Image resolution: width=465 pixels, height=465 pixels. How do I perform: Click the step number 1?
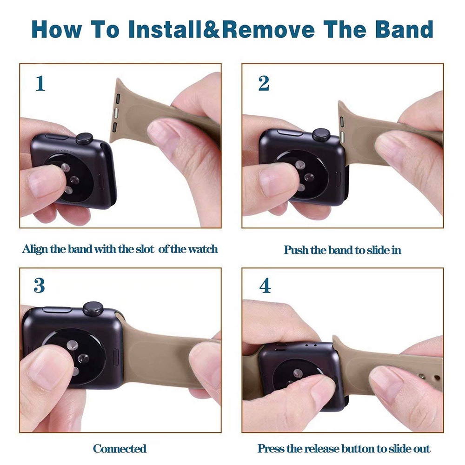pos(40,83)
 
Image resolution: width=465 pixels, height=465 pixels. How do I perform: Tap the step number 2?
pos(264,83)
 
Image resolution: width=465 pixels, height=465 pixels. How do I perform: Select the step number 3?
pos(39,286)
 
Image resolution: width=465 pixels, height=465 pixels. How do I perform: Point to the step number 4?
pos(265,286)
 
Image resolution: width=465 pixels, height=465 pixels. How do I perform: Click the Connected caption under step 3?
pos(120,449)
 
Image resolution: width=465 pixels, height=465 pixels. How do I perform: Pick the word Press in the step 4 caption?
pos(269,449)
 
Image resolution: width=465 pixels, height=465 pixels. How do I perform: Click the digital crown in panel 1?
pos(85,138)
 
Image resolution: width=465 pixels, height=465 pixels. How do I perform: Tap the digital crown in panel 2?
pos(322,134)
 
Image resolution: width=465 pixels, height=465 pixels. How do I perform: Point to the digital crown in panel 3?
pos(93,309)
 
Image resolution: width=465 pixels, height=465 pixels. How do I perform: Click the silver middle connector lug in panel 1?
pos(116,112)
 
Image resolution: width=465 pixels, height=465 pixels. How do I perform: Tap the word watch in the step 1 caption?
pos(203,249)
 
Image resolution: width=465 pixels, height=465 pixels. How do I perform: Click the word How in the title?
pos(56,29)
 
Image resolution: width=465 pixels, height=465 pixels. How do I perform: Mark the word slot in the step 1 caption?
pos(145,249)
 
